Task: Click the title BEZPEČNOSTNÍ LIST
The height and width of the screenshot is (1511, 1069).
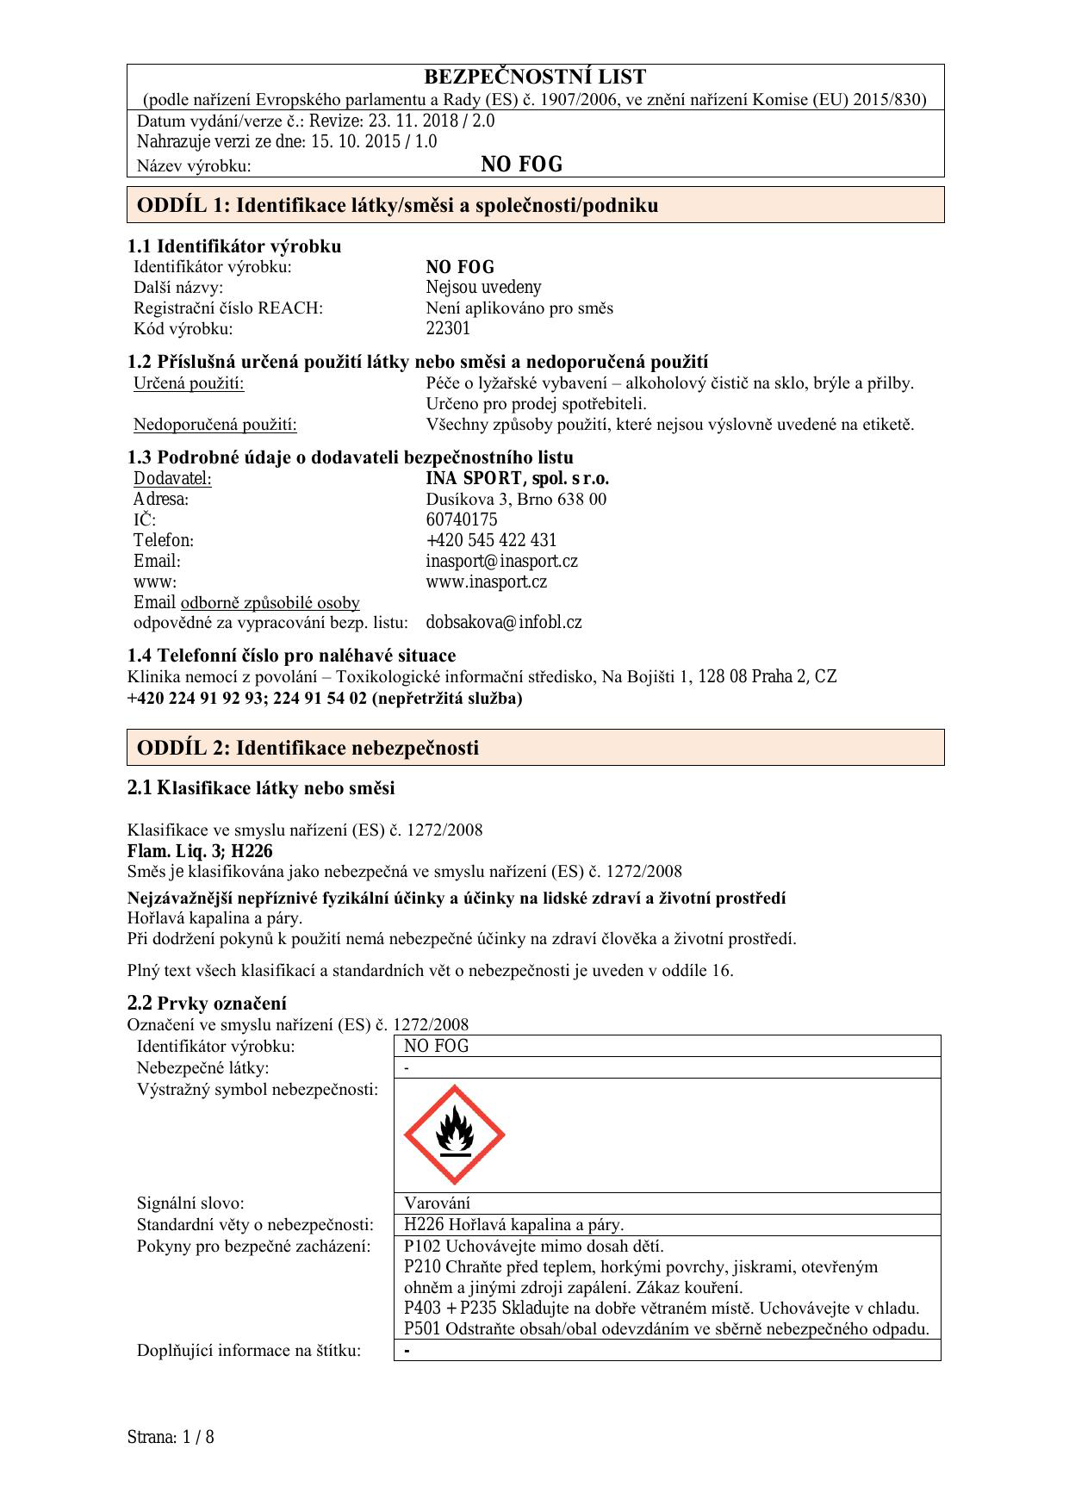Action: tap(535, 77)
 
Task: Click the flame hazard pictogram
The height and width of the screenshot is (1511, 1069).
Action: tap(454, 1135)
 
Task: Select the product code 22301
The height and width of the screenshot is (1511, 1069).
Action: tap(448, 328)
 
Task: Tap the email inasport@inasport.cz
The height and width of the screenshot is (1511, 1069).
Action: tap(501, 561)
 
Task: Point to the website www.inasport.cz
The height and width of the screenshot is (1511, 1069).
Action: tap(486, 581)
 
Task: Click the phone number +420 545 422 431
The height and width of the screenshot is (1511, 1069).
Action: tap(491, 540)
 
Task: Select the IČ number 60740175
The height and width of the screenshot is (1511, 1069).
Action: tap(461, 519)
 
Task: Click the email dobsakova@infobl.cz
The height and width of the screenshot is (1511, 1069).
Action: tap(503, 622)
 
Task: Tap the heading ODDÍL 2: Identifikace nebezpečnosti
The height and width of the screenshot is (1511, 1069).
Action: tap(308, 748)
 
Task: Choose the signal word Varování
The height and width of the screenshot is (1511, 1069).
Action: tap(437, 1203)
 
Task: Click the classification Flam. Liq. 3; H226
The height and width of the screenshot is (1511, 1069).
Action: tap(200, 851)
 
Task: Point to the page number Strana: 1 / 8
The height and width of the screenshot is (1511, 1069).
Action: tap(171, 1437)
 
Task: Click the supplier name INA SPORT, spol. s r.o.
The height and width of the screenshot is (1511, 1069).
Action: tap(517, 478)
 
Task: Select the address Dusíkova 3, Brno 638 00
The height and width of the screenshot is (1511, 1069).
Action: tap(516, 499)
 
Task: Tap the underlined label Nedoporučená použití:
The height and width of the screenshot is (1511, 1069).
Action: tap(214, 424)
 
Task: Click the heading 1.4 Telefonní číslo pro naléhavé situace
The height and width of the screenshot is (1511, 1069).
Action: tap(291, 656)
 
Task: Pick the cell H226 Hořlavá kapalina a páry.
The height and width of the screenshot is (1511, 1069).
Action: tap(513, 1224)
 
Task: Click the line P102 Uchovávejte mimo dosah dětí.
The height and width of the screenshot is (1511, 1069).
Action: tap(533, 1246)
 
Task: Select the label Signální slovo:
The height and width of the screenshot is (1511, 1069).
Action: tap(190, 1203)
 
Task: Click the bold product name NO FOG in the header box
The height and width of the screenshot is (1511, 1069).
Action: tap(521, 165)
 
